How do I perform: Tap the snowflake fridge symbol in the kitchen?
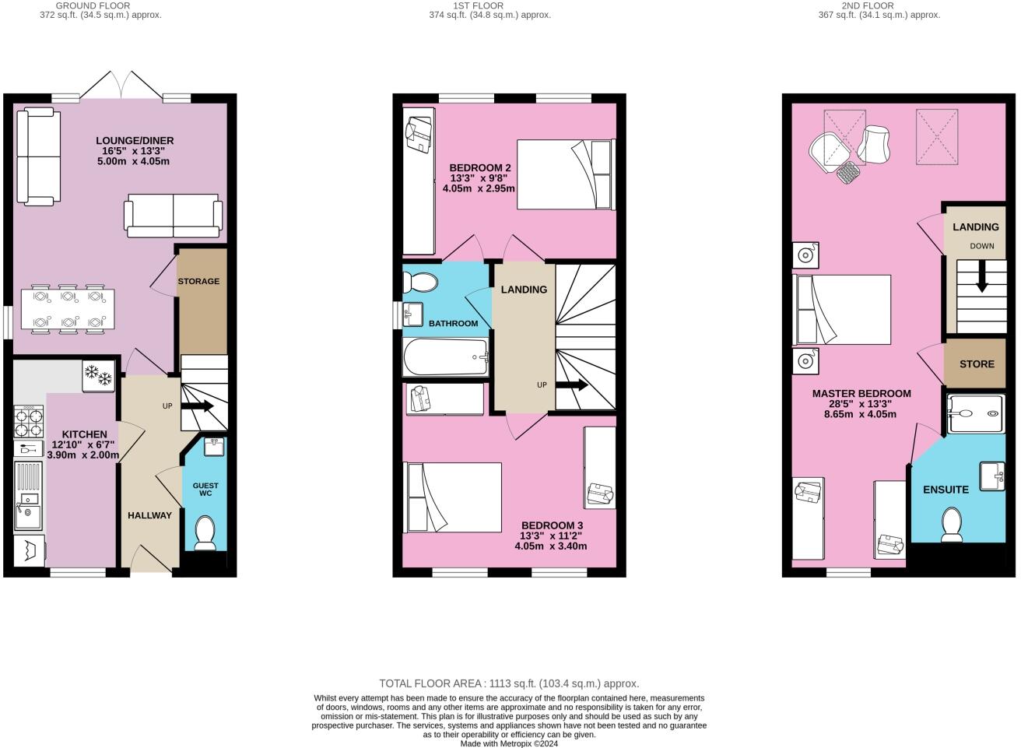[99, 375]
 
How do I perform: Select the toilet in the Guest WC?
[205, 532]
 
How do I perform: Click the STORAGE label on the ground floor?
[198, 281]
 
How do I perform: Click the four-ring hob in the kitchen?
[29, 421]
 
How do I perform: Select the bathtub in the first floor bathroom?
[445, 358]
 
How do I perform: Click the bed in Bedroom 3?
[453, 497]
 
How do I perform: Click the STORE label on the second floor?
[977, 363]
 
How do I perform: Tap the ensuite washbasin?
[991, 475]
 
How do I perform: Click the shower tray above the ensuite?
[976, 413]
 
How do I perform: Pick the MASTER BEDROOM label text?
[861, 394]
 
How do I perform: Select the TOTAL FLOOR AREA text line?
[509, 683]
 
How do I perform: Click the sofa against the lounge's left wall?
[39, 156]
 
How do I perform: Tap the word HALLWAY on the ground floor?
[149, 515]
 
